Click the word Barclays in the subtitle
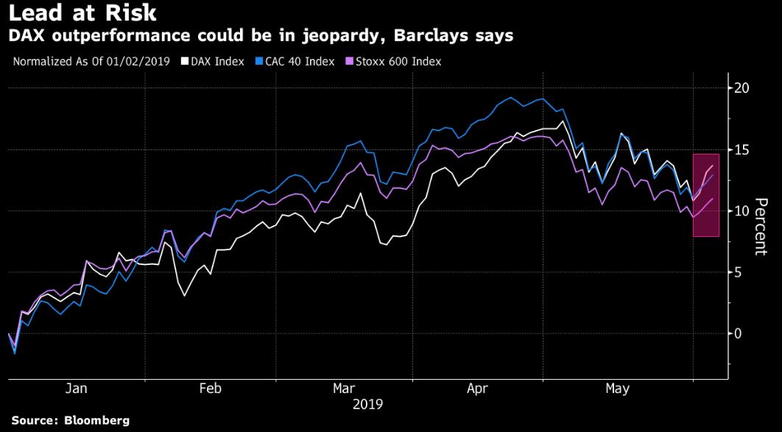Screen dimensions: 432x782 point(436,36)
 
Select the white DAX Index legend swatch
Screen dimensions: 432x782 point(184,62)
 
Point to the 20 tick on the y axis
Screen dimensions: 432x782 point(742,88)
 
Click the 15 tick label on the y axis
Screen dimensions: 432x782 point(742,149)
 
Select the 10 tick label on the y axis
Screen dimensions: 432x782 point(742,211)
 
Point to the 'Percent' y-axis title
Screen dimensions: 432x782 point(761,227)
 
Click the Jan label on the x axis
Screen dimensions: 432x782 point(76,389)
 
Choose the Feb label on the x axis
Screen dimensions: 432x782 point(211,389)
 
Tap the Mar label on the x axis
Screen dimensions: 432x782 point(345,389)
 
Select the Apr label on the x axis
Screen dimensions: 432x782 point(478,389)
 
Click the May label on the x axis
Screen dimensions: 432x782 point(617,389)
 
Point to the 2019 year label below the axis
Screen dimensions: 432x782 point(367,404)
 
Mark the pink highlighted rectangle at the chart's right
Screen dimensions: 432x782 point(705,195)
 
